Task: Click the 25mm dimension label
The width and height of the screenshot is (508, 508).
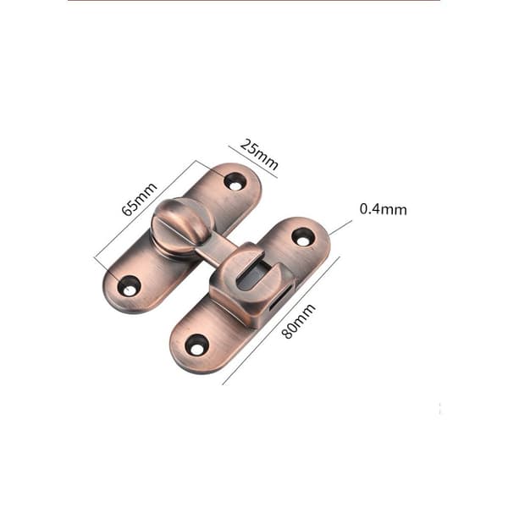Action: pos(259,155)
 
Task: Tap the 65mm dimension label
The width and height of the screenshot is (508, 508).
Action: pos(140,199)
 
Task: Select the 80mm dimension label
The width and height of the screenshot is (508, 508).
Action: pos(298,321)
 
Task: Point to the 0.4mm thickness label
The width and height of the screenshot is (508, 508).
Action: pos(384,209)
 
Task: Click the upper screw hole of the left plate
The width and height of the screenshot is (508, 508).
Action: pos(235,181)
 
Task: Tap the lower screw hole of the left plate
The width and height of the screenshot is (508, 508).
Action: pos(129,285)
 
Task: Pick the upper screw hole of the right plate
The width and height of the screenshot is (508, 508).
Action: pos(303,237)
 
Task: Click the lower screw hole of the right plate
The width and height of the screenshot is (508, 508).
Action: pos(196,345)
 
